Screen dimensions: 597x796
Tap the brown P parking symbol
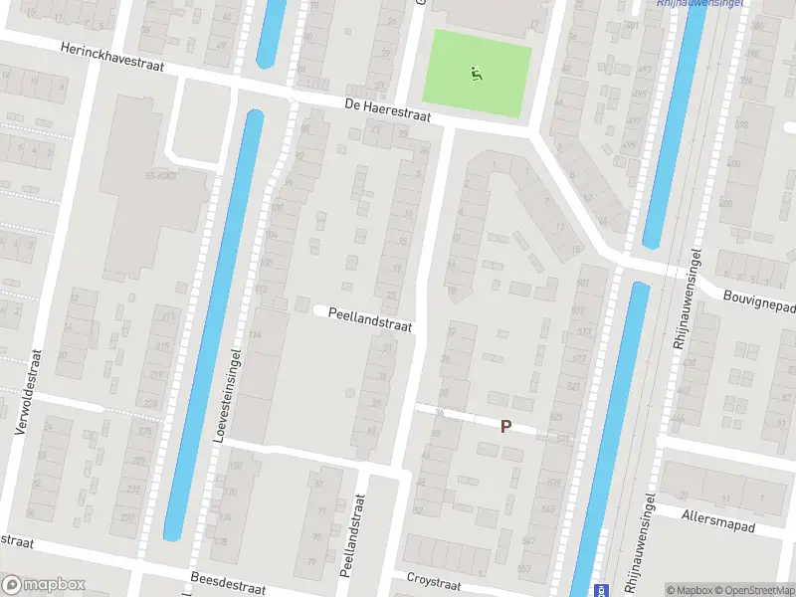click(505, 426)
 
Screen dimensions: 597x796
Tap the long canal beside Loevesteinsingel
click(214, 328)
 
